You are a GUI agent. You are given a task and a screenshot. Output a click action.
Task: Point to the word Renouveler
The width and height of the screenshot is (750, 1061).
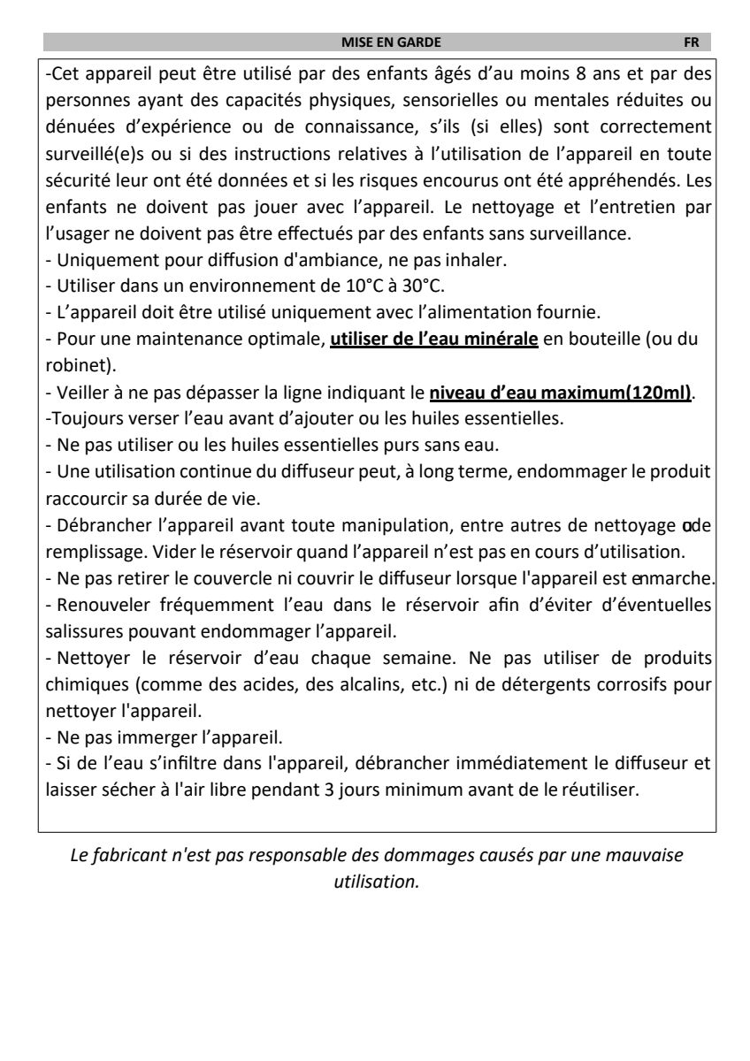(94, 605)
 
